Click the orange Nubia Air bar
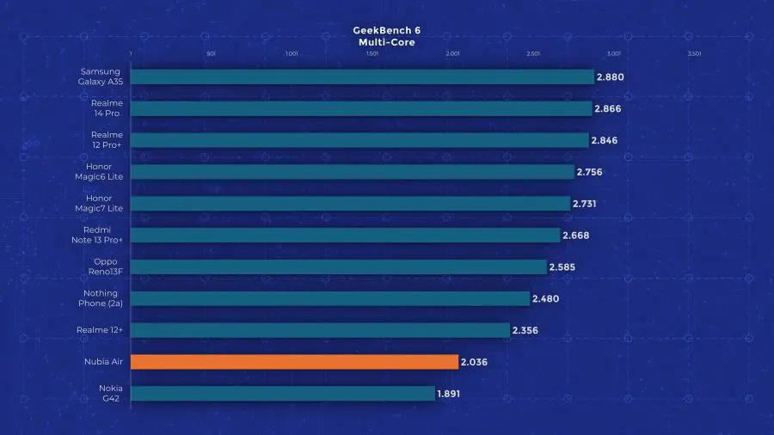[294, 362]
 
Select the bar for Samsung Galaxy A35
[362, 77]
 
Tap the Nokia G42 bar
[283, 394]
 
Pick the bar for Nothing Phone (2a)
[330, 298]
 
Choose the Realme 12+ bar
[321, 330]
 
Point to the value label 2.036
[474, 362]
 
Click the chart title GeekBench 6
[387, 31]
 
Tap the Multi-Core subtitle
[387, 41]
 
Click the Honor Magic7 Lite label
[99, 204]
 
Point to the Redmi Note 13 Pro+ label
[99, 235]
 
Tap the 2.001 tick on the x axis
[453, 53]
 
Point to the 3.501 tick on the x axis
[695, 53]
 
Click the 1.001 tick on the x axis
[292, 53]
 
